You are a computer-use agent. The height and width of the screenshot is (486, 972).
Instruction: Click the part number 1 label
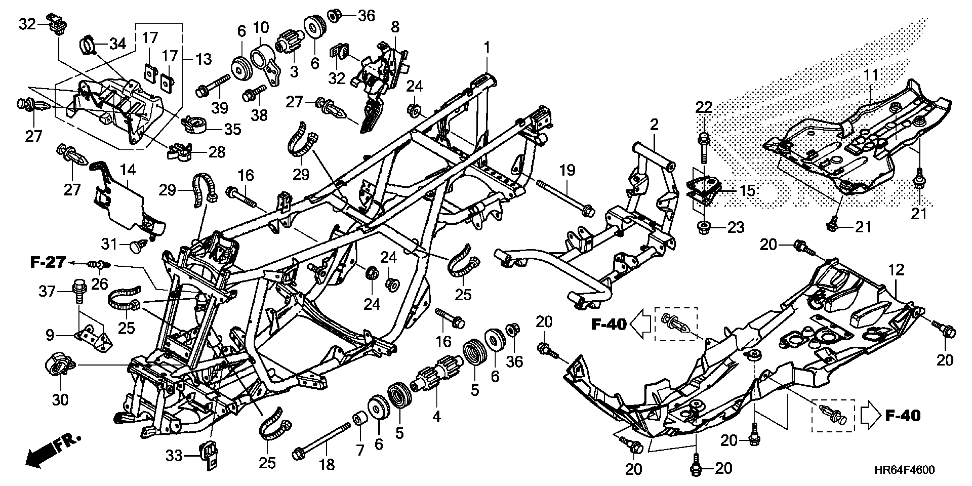pos(487,48)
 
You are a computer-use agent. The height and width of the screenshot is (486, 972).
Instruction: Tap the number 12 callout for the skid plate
pos(896,270)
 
